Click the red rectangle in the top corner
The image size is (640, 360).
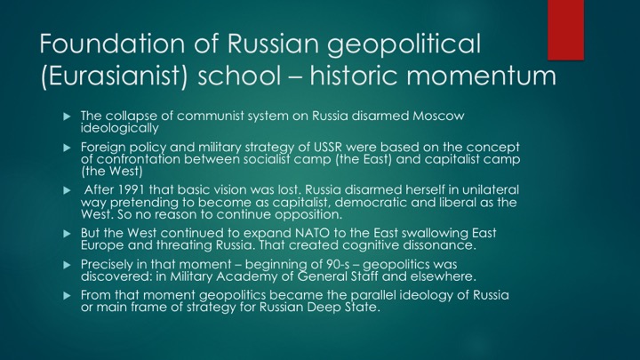(x=565, y=30)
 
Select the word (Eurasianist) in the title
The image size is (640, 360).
(x=114, y=76)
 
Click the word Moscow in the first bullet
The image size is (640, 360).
(x=438, y=116)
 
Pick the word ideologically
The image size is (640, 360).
(x=120, y=129)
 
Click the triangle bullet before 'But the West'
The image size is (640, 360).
(x=68, y=234)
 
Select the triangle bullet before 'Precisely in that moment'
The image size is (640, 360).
(x=68, y=265)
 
